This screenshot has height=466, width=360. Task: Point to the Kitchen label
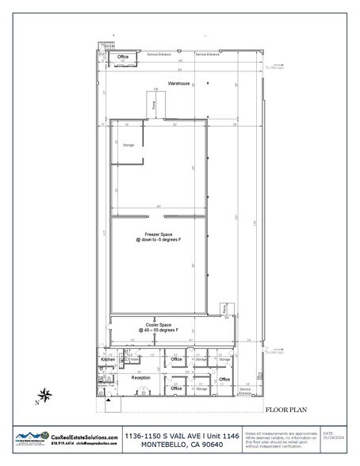(x=108, y=360)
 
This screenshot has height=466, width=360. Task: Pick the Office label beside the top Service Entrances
(x=123, y=58)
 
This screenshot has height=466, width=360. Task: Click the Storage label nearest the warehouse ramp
(x=128, y=146)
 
